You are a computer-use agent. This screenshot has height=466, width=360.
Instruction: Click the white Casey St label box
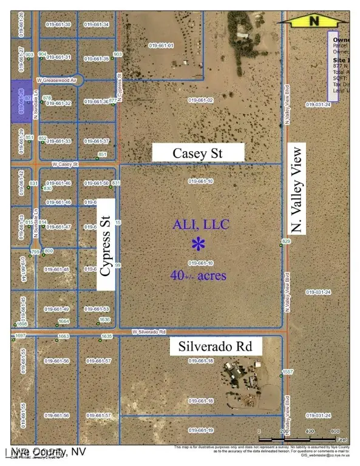198,153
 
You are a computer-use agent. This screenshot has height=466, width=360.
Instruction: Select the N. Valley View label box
297,192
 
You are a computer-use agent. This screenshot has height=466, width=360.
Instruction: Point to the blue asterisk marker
197,245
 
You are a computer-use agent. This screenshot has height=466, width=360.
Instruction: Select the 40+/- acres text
199,275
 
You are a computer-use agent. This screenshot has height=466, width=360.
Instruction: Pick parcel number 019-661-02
201,100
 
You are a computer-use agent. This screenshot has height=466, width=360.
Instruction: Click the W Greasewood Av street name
58,79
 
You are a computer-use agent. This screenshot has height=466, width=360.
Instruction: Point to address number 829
287,241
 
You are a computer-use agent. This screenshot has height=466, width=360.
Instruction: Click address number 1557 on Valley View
288,371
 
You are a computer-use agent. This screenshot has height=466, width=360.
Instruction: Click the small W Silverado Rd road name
150,332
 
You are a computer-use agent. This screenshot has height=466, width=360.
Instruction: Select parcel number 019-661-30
59,24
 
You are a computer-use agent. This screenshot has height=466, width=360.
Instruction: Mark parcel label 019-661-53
97,309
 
